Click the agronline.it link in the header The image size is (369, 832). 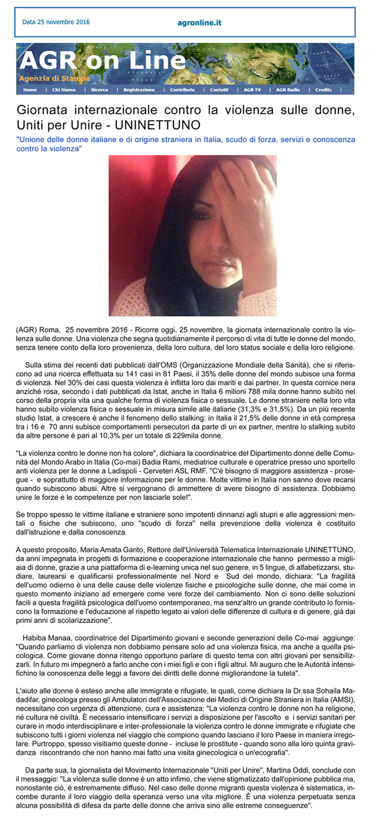pos(199,23)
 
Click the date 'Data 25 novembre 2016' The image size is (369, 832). pos(56,22)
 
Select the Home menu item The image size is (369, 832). pos(30,90)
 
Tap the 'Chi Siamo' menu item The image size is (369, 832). pos(64,90)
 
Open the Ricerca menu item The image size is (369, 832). pos(99,90)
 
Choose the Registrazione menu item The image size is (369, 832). pos(139,90)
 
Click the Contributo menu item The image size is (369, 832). pos(182,90)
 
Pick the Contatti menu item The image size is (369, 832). pos(219,90)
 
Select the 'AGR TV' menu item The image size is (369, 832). pos(252,90)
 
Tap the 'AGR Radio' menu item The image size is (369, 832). pos(288,90)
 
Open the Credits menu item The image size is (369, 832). pos(324,90)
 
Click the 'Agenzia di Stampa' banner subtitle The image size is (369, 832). pos(55,79)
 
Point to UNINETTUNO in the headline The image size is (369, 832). pos(158,125)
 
